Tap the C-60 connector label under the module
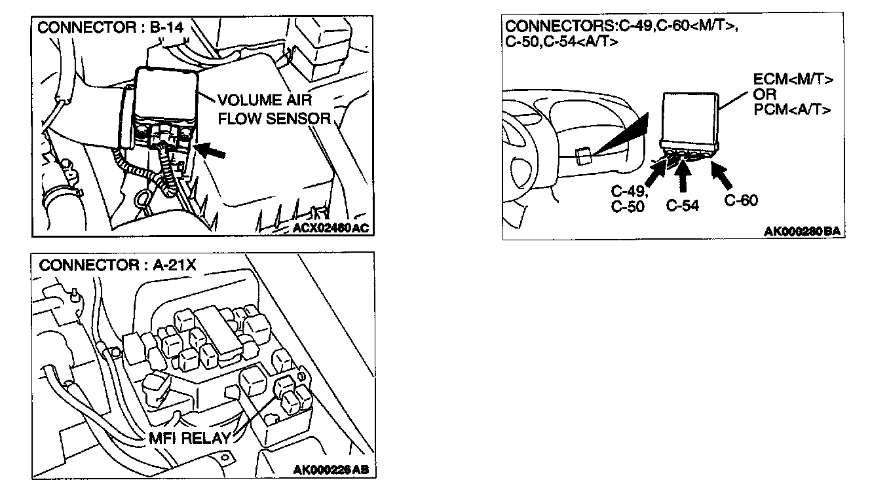click(x=741, y=200)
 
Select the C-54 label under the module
click(x=682, y=206)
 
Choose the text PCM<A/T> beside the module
click(x=793, y=109)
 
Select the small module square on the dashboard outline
click(x=583, y=156)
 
